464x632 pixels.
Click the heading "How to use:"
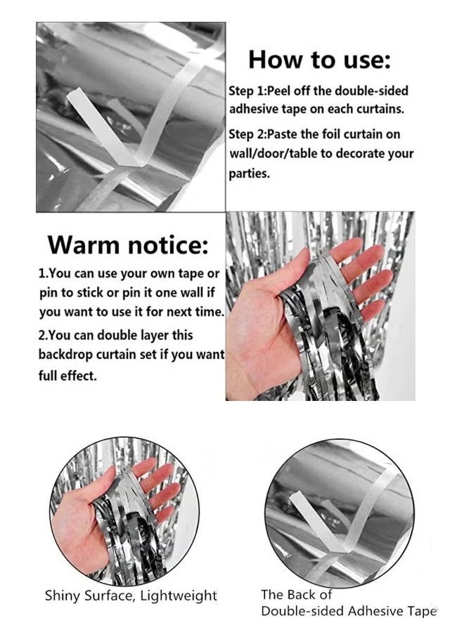click(319, 60)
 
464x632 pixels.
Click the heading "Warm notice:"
click(129, 244)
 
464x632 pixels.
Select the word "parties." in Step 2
click(249, 174)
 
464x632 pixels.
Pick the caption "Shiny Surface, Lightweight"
click(131, 595)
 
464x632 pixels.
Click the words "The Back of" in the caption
click(296, 594)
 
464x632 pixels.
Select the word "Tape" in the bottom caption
click(421, 611)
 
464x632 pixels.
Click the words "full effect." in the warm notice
click(67, 376)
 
